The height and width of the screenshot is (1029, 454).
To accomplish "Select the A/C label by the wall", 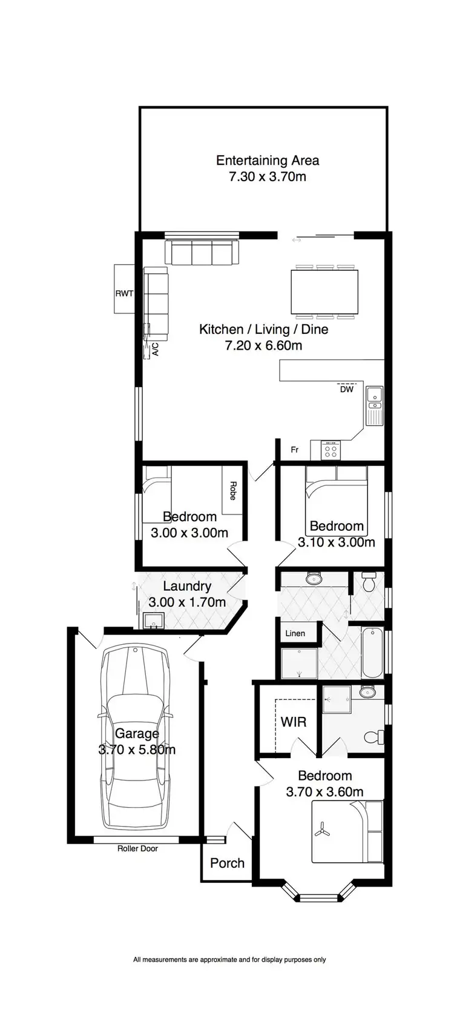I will click(x=154, y=350).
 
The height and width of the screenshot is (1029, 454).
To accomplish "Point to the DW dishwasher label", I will click(x=346, y=390).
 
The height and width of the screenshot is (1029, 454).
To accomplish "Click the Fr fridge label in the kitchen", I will click(x=295, y=450).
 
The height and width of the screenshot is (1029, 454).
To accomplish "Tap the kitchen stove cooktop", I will click(x=331, y=450).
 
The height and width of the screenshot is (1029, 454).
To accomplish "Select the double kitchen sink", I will click(x=375, y=405).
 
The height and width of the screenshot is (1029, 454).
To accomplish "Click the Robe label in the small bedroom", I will click(x=232, y=490).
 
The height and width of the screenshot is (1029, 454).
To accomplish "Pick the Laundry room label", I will click(x=187, y=586).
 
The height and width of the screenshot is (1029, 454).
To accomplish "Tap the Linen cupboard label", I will click(x=295, y=633).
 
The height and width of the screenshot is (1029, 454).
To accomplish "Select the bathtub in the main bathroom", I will click(x=371, y=653).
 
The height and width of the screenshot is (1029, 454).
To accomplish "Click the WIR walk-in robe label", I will click(x=293, y=722).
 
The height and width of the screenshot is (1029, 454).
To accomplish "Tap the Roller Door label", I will click(x=137, y=848).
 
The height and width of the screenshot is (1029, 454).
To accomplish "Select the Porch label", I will click(x=227, y=863).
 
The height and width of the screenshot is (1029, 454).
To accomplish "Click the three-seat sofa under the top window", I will click(x=202, y=252).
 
